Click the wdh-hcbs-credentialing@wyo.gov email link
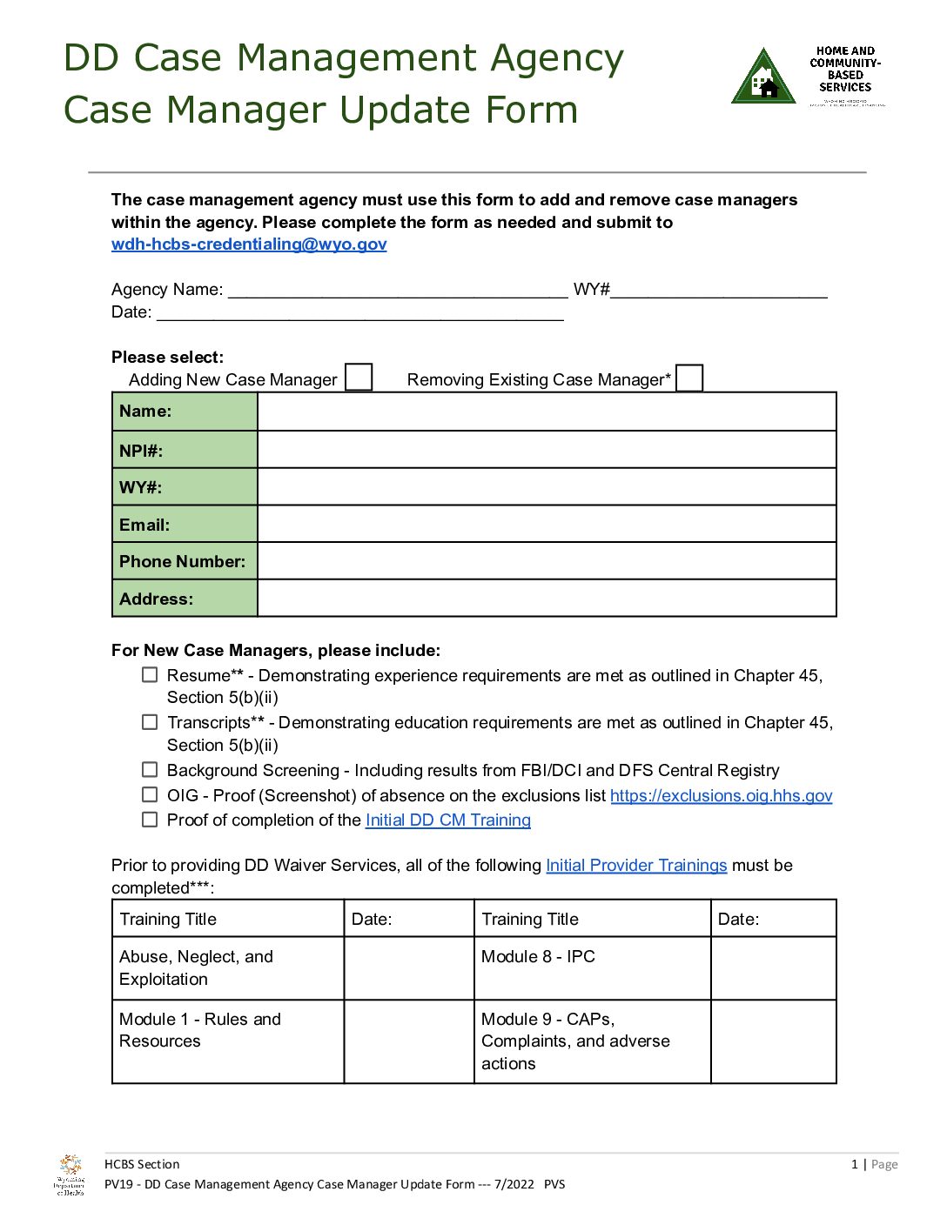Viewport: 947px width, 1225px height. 249,244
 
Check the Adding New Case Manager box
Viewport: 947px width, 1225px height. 359,378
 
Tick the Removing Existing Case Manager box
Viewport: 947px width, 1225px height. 689,378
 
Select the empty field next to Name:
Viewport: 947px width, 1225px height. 547,412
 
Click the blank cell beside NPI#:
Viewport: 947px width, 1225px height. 547,450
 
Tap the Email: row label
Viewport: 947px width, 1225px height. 144,525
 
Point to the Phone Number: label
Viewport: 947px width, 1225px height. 182,562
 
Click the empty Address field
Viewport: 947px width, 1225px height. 547,599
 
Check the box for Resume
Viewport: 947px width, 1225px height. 151,675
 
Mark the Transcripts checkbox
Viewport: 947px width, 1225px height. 151,722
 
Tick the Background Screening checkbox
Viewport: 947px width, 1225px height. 151,770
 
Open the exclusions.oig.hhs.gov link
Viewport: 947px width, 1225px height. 721,795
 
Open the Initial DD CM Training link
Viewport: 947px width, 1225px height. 447,820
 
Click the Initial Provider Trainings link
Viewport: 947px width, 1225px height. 636,865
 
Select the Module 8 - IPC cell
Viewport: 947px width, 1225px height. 592,967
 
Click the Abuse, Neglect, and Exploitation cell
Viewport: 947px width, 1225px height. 228,967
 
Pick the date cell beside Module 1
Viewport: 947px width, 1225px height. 409,1041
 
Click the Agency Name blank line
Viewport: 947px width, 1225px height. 398,291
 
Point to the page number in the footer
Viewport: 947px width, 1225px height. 855,1164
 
